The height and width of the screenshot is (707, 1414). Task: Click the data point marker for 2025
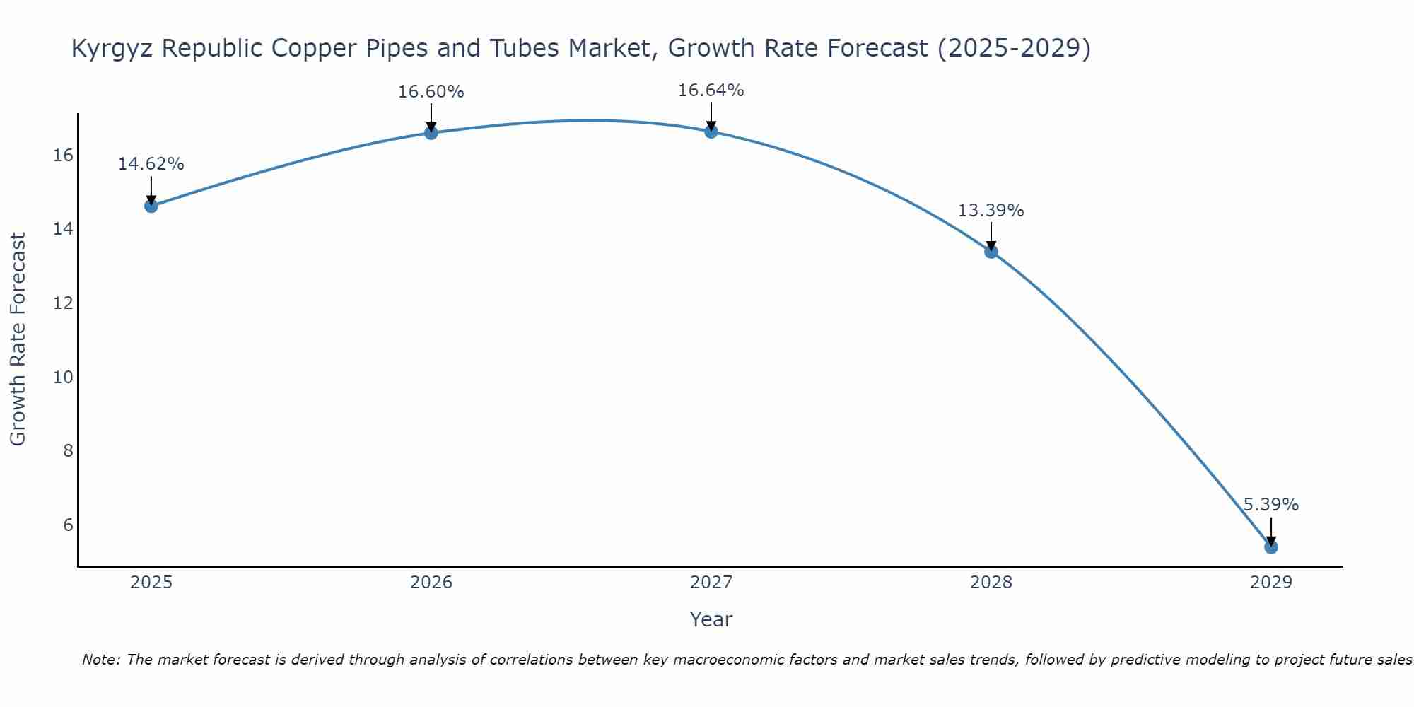[151, 206]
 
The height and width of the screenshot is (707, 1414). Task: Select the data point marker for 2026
[431, 132]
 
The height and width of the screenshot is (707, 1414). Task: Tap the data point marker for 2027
[711, 131]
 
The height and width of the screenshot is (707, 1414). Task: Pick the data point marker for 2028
[991, 251]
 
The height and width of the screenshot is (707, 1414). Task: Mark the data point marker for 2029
[1270, 547]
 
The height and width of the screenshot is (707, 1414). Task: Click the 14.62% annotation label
[151, 164]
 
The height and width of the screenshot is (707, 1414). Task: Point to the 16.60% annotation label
[431, 92]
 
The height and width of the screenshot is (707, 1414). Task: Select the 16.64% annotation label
[711, 90]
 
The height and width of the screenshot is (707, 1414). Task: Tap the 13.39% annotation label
[991, 211]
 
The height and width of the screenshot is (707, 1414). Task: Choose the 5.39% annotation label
[1270, 505]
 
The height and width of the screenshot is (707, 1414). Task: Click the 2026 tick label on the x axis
[431, 583]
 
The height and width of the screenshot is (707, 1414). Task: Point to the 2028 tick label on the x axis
[991, 583]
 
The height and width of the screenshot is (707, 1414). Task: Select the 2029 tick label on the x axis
[1271, 583]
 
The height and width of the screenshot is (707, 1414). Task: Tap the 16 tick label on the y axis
[63, 155]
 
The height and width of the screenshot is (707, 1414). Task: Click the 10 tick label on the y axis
[63, 377]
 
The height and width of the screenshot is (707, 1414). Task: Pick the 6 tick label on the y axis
[68, 525]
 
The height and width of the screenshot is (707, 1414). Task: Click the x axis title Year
[711, 619]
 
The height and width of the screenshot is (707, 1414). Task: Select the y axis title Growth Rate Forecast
[18, 339]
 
